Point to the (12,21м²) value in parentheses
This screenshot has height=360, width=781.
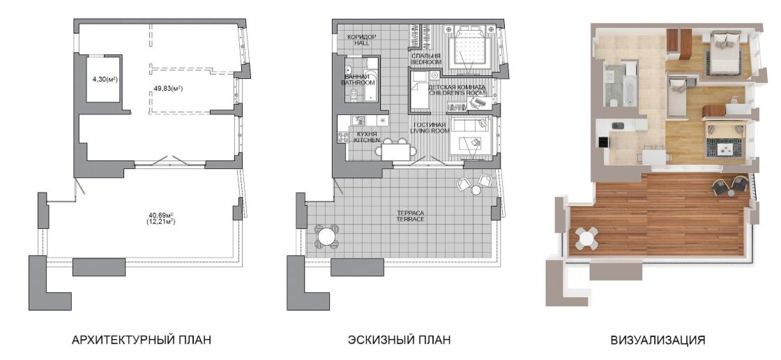[x=160, y=222]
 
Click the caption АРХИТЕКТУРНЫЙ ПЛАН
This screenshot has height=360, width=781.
[x=142, y=340]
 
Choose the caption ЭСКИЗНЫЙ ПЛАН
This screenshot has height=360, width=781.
[x=400, y=340]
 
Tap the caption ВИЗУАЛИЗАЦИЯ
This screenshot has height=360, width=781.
[x=658, y=340]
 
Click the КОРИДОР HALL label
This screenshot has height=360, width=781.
[x=362, y=40]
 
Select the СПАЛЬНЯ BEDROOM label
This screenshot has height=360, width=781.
[x=426, y=59]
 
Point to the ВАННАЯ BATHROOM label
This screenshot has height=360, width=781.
[x=358, y=80]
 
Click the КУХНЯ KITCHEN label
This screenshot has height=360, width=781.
[x=367, y=137]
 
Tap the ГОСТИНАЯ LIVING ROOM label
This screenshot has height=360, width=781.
[x=430, y=127]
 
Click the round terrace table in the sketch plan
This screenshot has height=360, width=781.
[x=327, y=237]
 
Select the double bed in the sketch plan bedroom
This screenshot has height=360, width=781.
[x=470, y=48]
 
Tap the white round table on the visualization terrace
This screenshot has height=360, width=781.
[x=587, y=239]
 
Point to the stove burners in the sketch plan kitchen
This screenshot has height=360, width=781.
[x=342, y=137]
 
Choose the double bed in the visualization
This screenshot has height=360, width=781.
[x=725, y=52]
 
